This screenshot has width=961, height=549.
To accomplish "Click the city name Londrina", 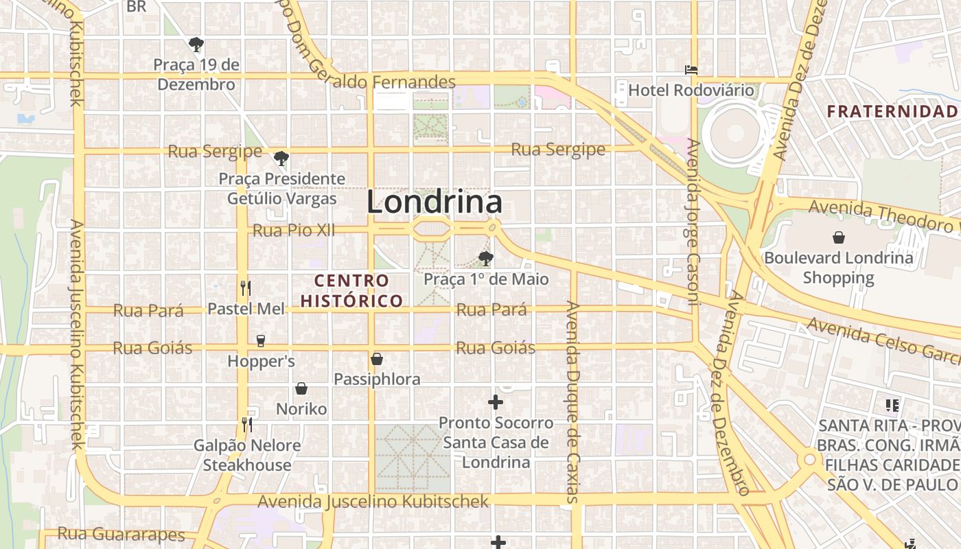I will [x=434, y=202].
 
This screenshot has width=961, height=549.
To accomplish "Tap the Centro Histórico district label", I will [x=351, y=290].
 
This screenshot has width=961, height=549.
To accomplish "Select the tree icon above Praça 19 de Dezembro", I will [x=196, y=45].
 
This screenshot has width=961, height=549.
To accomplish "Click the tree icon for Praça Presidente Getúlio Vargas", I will [x=281, y=159].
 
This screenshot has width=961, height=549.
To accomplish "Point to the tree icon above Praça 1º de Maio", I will [x=486, y=259].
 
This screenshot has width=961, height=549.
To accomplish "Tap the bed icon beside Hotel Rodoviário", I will [x=691, y=70].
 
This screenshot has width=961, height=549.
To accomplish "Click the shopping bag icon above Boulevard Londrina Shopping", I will [x=838, y=238].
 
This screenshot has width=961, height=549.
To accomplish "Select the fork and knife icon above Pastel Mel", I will [x=246, y=288].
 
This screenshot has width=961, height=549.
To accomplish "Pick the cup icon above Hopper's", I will [x=260, y=340].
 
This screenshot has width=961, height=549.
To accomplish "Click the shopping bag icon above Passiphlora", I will [x=377, y=359].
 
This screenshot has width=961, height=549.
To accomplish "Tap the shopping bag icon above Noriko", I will [x=301, y=389].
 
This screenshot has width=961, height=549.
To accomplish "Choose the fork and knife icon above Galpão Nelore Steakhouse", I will [x=247, y=425].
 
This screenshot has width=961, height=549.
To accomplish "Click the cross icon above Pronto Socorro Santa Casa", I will [x=496, y=402].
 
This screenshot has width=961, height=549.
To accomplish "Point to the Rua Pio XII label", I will [x=294, y=230].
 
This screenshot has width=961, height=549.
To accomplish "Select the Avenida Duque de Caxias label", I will [x=573, y=401].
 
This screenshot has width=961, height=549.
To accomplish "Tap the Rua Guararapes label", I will [x=121, y=534].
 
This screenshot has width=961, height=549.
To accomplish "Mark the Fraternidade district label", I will [x=892, y=111].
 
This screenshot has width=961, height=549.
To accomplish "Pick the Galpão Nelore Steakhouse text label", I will [x=247, y=455].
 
